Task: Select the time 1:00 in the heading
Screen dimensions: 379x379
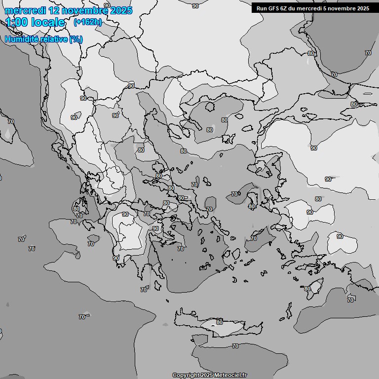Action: point(17,22)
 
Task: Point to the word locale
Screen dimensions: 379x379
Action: point(48,22)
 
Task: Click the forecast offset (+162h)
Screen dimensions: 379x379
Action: point(87,22)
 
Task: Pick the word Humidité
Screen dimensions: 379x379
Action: point(21,39)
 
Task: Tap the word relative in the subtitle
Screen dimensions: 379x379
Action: point(53,39)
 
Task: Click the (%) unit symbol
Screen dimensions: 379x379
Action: point(76,39)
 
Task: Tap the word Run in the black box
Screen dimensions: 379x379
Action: point(262,8)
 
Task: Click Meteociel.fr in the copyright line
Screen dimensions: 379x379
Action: point(230,375)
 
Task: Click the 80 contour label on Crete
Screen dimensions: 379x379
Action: point(219,322)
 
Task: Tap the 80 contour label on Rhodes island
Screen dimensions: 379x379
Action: point(307,289)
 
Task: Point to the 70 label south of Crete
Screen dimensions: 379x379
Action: point(235,346)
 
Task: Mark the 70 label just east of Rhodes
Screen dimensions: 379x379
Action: point(350,300)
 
